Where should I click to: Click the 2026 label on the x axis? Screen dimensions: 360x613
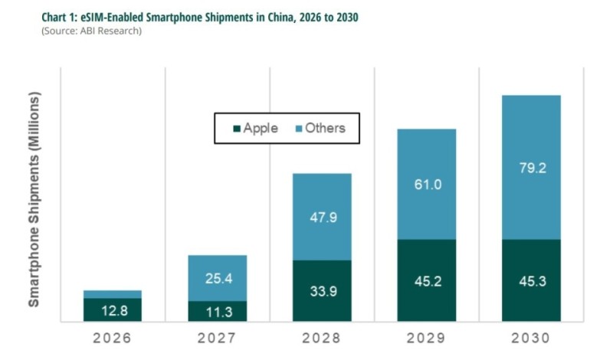pos(113,337)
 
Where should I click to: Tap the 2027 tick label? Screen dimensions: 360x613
pos(218,337)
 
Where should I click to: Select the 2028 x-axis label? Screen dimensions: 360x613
pos(322,337)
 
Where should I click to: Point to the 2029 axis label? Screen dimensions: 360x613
pos(427,337)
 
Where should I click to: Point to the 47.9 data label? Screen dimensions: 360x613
pos(322,217)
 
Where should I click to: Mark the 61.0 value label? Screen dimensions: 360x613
pos(427,184)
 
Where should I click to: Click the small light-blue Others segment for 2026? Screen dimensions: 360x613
pos(113,294)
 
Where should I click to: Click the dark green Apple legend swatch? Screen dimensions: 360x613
pos(234,129)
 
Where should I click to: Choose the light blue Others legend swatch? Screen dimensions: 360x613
pos(296,129)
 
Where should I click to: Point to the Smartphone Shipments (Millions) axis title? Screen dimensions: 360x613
pos(34,199)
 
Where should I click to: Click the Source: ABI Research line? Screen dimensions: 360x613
pos(93,31)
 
